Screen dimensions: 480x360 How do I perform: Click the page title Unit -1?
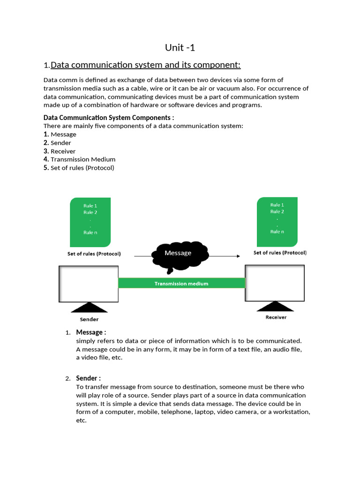pos(180,47)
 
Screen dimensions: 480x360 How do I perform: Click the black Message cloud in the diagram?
pos(179,256)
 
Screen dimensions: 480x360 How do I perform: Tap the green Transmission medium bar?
pos(181,283)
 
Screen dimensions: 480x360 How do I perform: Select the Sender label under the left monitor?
pos(89,319)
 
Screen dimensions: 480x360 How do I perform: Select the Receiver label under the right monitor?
pos(276,317)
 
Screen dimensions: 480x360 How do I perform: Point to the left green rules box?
pos(90,222)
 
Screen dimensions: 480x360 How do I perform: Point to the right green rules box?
pos(277,222)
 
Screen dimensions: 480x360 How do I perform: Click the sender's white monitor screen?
pos(89,284)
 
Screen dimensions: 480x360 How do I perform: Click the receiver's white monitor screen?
pos(275,283)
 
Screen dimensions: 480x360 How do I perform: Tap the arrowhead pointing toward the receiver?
pos(238,256)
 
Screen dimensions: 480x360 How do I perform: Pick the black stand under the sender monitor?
pos(89,307)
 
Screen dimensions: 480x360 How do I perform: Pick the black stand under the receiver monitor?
pos(276,306)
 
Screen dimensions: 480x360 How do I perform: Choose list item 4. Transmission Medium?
pos(79,159)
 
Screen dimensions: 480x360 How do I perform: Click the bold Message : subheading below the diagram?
pos(91,332)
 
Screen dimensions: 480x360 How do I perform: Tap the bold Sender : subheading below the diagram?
pos(88,378)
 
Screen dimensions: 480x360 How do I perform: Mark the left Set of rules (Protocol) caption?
pos(94,254)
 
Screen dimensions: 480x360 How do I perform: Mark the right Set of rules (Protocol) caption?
pos(280,253)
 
